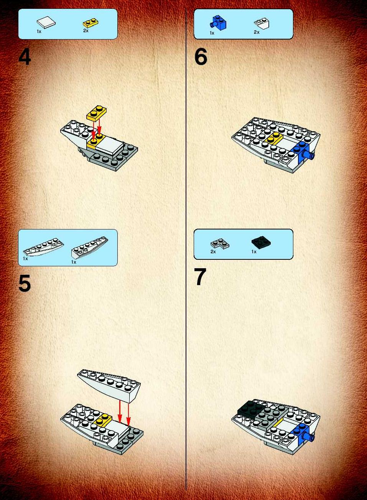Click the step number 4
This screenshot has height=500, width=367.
pos(25,57)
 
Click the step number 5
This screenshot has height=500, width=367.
pos(25,283)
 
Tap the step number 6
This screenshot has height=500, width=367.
pos(201,57)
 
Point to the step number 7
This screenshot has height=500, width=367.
pos(200,277)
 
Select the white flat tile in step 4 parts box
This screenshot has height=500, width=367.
pos(46,22)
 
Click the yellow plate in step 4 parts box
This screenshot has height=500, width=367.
pos(91,23)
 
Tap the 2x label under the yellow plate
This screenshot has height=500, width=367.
pos(86,31)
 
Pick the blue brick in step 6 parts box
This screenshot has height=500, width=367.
pos(218,23)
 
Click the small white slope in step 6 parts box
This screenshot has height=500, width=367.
pos(262,23)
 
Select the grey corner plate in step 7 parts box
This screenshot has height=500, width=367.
pos(219,244)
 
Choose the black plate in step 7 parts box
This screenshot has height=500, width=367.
pos(262,242)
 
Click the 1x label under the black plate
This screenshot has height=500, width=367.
pos(254,252)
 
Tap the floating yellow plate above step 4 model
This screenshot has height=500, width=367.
pos(96,113)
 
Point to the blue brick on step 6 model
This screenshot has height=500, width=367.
pos(302,150)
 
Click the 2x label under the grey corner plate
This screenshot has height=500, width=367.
pos(213,252)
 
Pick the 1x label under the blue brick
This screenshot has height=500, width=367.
pos(212,33)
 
